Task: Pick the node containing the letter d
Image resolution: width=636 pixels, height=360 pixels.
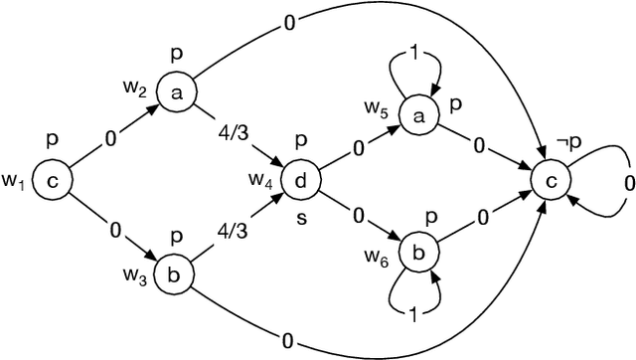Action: (x=300, y=180)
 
